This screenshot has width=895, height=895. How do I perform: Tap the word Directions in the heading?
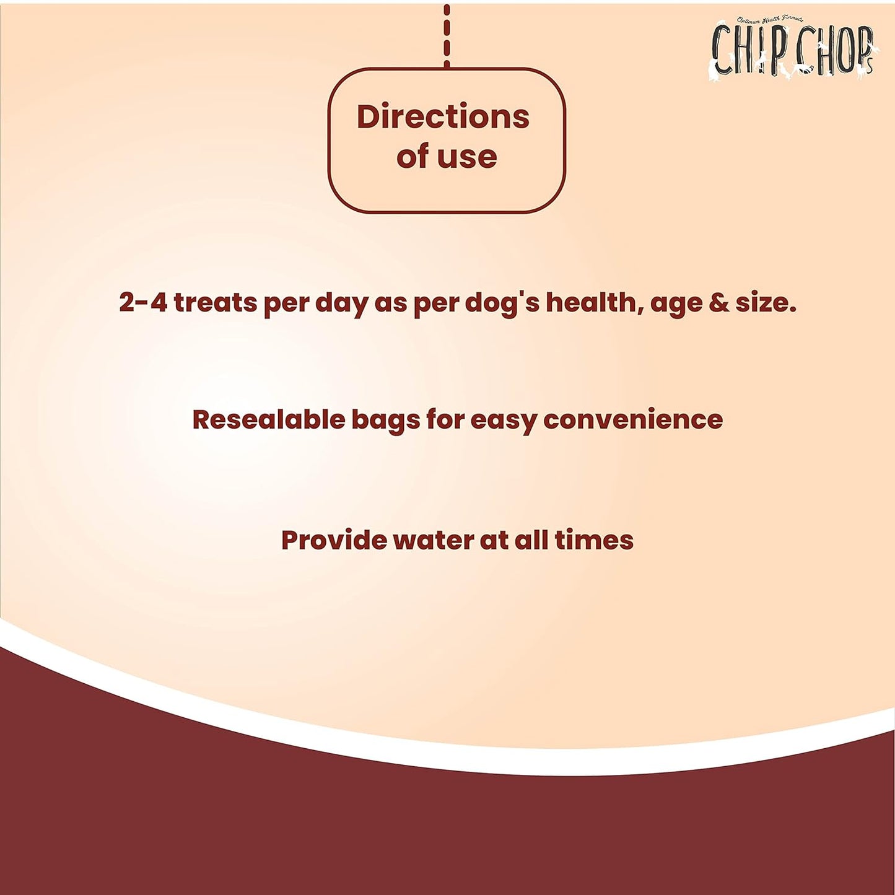pyautogui.click(x=443, y=116)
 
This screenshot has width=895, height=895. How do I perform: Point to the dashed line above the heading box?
pyautogui.click(x=447, y=34)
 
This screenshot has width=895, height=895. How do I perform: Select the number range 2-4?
pyautogui.click(x=143, y=303)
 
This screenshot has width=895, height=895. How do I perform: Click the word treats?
pyautogui.click(x=215, y=303)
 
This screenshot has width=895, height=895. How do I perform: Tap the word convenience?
pyautogui.click(x=632, y=419)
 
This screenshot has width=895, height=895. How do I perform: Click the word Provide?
pyautogui.click(x=334, y=540)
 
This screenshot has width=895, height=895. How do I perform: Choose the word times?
pyautogui.click(x=593, y=540)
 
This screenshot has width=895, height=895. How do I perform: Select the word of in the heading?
pyautogui.click(x=413, y=157)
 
